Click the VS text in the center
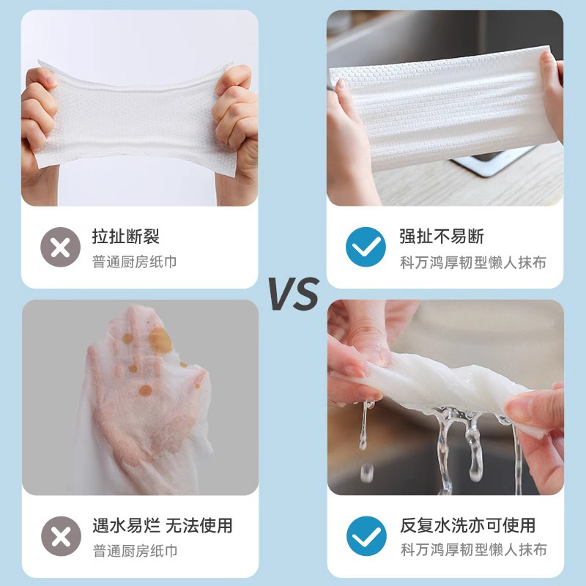tap(292, 294)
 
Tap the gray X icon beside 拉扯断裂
tap(61, 246)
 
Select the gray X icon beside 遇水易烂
tap(61, 535)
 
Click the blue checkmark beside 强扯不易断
tap(366, 246)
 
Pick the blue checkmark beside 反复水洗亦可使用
tap(366, 535)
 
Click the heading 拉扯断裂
tap(125, 237)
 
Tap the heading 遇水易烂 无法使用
tap(162, 525)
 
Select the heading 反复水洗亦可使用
tap(467, 525)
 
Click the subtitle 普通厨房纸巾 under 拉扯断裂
tap(134, 262)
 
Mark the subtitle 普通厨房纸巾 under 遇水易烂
tap(134, 550)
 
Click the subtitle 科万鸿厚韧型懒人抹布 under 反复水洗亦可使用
tap(473, 550)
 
